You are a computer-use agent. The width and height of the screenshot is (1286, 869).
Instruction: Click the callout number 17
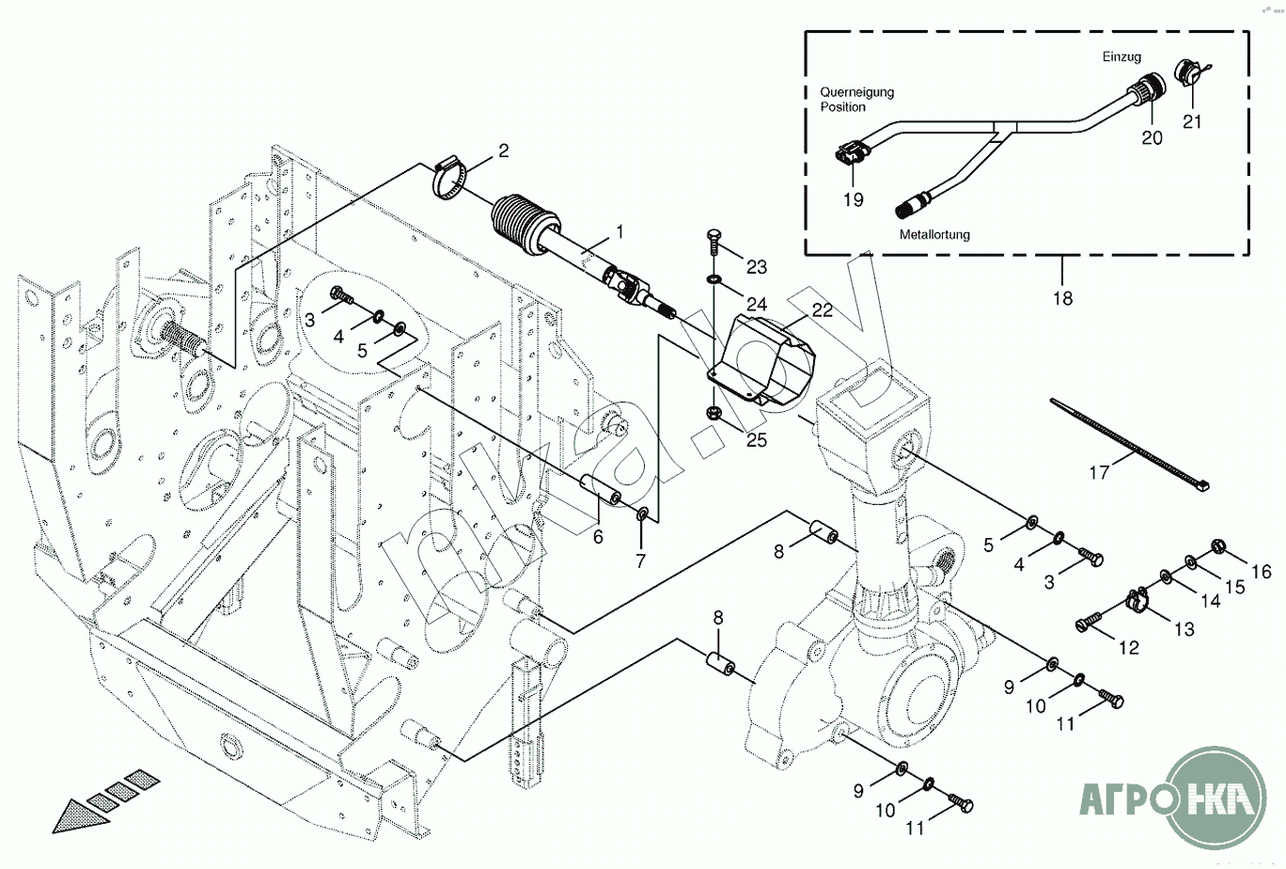coord(1099,473)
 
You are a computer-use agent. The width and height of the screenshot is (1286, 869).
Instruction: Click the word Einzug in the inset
coord(1121,57)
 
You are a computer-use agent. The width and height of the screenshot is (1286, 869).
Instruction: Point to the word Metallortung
coord(934,234)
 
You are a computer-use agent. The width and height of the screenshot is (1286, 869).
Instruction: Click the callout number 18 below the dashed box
coord(1061,298)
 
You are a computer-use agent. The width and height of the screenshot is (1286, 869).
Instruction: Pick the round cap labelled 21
coord(1188,74)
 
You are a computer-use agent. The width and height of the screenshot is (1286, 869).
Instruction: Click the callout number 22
coord(823,310)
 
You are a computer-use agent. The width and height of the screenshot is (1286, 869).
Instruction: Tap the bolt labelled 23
coord(712,244)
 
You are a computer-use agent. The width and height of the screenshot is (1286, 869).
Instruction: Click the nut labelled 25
coord(714,411)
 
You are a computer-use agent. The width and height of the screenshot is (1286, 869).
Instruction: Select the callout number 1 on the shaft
coord(619,230)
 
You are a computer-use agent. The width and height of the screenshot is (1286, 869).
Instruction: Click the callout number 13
coord(1184,629)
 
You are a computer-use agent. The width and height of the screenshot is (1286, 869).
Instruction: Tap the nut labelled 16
coord(1215,545)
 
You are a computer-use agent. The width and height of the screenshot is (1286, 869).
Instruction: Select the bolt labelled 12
coord(1090,623)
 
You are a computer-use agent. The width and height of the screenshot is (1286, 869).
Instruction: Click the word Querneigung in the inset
coord(856,92)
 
